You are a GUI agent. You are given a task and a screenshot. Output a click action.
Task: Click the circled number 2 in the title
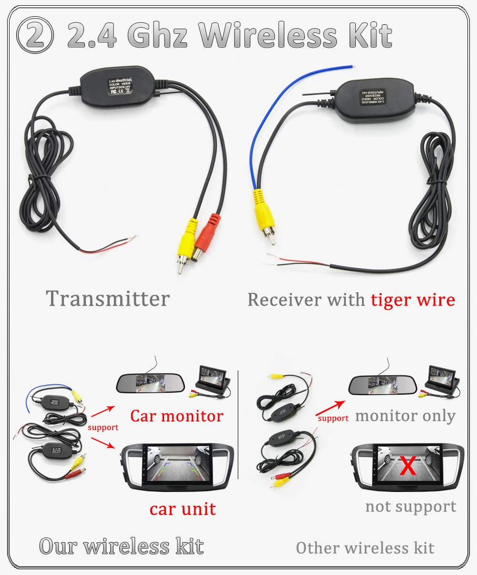click(35, 35)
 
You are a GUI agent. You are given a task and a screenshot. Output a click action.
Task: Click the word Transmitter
click(108, 299)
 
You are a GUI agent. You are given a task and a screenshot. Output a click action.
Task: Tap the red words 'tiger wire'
click(413, 300)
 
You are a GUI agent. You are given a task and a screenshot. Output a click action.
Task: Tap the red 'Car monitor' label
click(176, 416)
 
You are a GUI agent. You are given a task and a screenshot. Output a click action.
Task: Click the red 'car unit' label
click(183, 509)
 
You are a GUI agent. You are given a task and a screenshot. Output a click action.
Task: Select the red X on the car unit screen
click(408, 466)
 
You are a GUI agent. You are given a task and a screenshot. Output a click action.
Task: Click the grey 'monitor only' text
click(405, 416)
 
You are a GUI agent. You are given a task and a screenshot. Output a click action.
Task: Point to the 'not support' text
click(411, 507)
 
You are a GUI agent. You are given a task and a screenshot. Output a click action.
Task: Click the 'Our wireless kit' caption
click(122, 546)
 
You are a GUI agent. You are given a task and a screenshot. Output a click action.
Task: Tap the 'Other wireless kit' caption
click(365, 548)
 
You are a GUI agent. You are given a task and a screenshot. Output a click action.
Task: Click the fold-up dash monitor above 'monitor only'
click(442, 379)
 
